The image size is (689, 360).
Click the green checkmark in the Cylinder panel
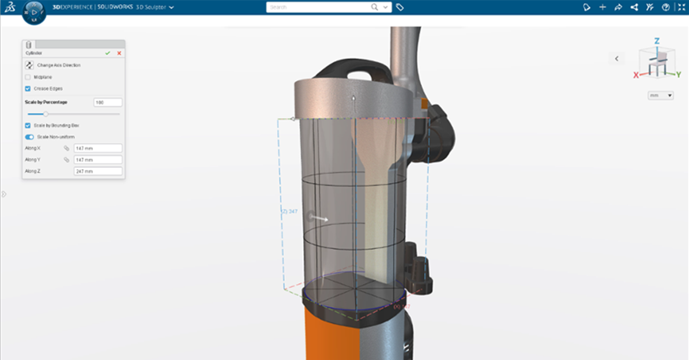pyautogui.click(x=108, y=53)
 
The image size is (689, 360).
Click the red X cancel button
pyautogui.click(x=119, y=53)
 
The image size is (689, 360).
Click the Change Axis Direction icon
pyautogui.click(x=29, y=65)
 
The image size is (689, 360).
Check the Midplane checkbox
pyautogui.click(x=28, y=77)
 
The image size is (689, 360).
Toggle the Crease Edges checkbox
pyautogui.click(x=28, y=88)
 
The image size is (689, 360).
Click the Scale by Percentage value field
pyautogui.click(x=108, y=102)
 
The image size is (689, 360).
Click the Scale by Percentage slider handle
pyautogui.click(x=46, y=114)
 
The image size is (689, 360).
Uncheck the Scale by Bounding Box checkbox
pyautogui.click(x=28, y=125)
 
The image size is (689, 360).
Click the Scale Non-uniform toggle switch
pyautogui.click(x=29, y=137)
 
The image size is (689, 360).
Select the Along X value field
pyautogui.click(x=97, y=148)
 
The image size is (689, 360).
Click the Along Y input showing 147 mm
pyautogui.click(x=97, y=160)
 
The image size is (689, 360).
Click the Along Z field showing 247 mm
pyautogui.click(x=97, y=171)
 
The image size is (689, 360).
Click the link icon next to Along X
pyautogui.click(x=67, y=148)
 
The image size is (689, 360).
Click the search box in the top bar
pyautogui.click(x=317, y=7)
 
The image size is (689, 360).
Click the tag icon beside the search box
pyautogui.click(x=400, y=7)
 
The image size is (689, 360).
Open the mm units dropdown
pyautogui.click(x=661, y=95)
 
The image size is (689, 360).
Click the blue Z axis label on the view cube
pyautogui.click(x=657, y=41)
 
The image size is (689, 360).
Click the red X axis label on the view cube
pyautogui.click(x=636, y=75)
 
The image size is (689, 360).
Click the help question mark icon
pyautogui.click(x=666, y=7)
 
